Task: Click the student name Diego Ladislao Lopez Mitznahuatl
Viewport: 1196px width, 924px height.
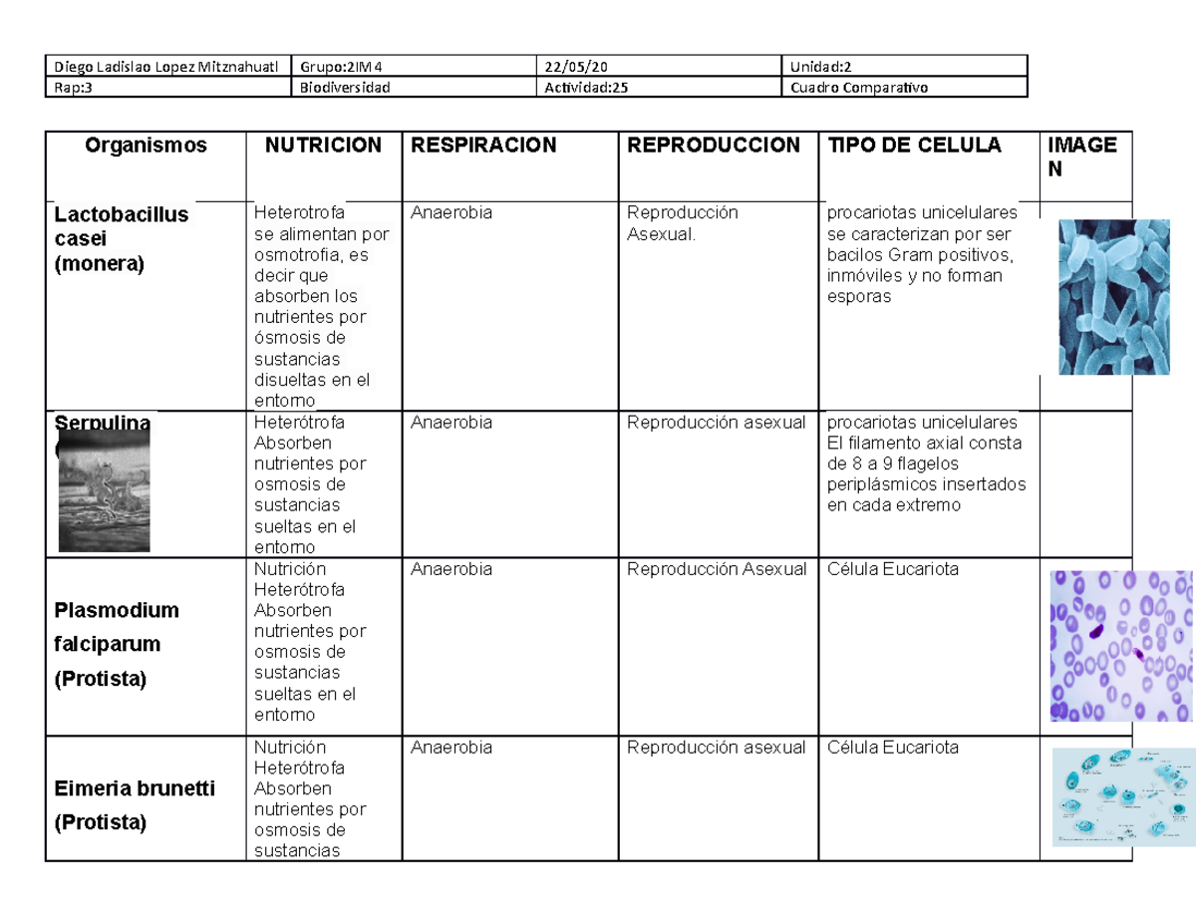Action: pos(165,67)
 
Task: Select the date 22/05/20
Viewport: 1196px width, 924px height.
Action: pos(575,67)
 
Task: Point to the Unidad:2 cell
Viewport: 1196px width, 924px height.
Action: pos(818,67)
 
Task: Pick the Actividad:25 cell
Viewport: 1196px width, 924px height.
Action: pos(586,87)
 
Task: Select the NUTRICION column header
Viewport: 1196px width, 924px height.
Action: pos(322,146)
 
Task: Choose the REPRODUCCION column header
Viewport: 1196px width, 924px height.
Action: pos(713,146)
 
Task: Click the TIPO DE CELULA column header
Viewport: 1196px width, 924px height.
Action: pos(908,146)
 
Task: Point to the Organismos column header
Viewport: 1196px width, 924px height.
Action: pos(146,146)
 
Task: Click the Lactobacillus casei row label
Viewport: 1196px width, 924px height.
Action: pos(121,239)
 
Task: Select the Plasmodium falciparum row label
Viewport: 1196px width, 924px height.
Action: pos(117,644)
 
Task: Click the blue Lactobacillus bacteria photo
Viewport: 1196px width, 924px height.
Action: pos(1112,297)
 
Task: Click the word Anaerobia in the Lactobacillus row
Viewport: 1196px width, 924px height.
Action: pos(450,212)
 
